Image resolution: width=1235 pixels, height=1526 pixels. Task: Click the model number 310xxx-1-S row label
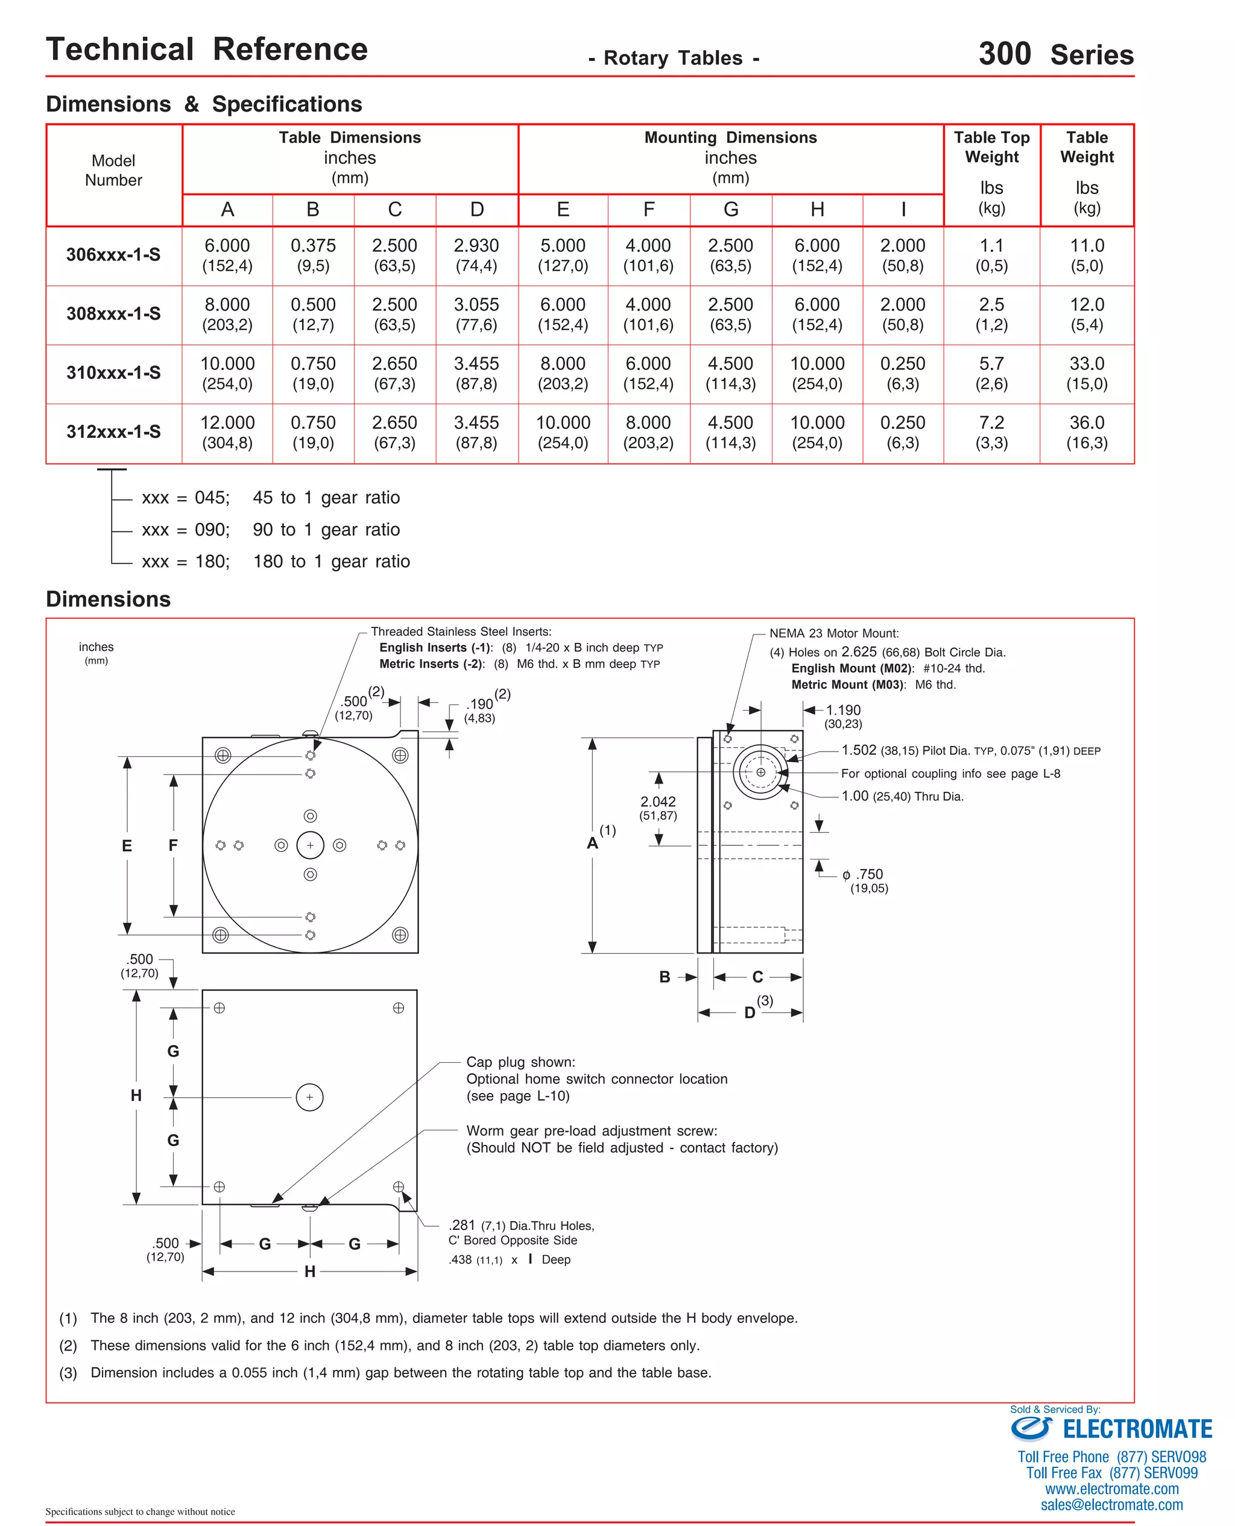click(113, 373)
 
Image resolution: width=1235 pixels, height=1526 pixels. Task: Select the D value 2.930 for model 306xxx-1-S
click(476, 246)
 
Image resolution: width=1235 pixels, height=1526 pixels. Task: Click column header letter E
click(563, 209)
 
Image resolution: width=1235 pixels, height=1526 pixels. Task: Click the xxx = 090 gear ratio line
click(270, 530)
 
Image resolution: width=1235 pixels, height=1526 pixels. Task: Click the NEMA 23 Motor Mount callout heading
click(834, 633)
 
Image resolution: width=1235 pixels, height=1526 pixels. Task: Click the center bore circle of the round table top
click(310, 845)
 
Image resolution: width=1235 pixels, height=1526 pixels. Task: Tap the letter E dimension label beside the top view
click(127, 846)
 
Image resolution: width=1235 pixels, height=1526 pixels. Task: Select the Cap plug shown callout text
click(520, 1062)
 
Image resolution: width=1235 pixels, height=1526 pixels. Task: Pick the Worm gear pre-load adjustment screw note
click(591, 1130)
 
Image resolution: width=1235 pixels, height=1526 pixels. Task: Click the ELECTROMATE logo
click(1111, 1428)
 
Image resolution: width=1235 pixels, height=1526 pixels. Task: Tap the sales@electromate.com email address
click(1111, 1505)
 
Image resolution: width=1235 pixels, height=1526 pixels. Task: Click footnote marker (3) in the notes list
click(68, 1373)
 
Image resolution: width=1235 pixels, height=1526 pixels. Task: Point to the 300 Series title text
click(1056, 54)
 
